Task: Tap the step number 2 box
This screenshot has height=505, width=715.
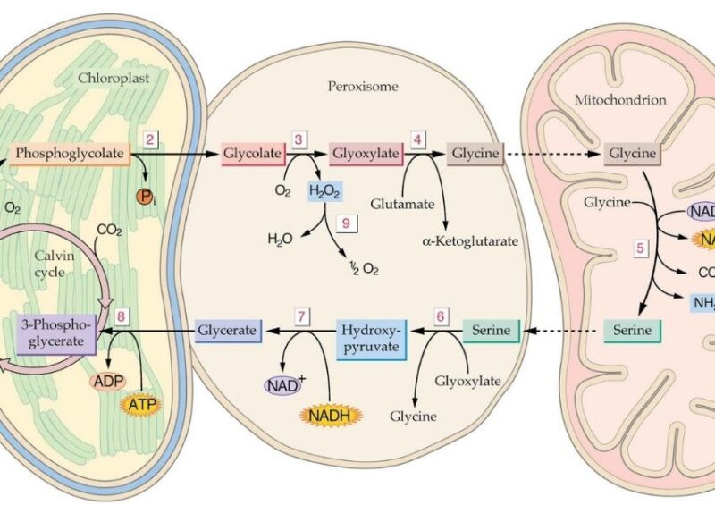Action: (x=151, y=139)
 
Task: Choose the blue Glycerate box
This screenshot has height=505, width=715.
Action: (x=228, y=331)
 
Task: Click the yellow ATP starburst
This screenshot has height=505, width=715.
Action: (x=144, y=404)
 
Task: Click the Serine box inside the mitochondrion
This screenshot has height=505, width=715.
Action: (x=633, y=331)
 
